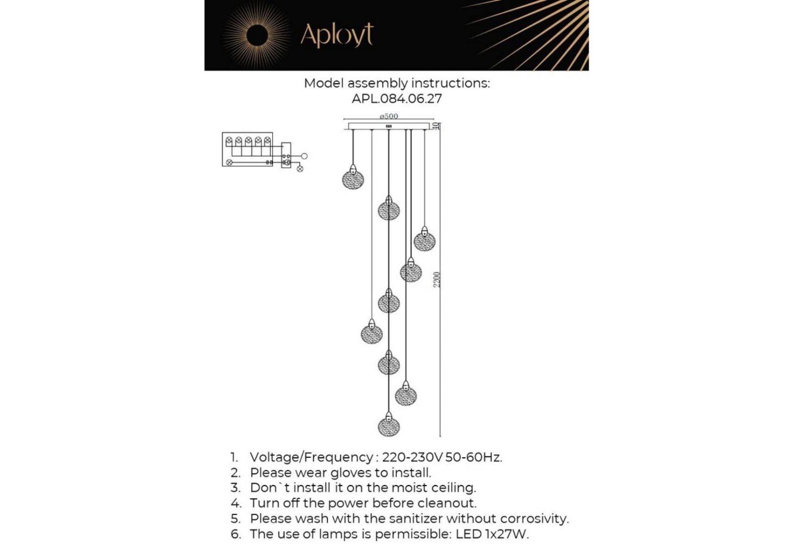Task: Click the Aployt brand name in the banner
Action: click(x=337, y=35)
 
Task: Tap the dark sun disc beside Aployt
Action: click(x=257, y=36)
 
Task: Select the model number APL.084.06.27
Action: click(x=397, y=99)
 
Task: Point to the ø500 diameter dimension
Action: click(x=388, y=116)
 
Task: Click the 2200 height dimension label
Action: click(x=437, y=279)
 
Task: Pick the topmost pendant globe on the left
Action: click(x=353, y=179)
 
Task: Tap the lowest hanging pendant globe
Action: click(x=388, y=426)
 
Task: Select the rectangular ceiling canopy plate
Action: click(x=388, y=126)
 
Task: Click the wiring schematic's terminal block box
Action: click(x=286, y=155)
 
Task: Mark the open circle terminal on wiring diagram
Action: click(x=304, y=156)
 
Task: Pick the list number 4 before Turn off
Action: click(x=236, y=503)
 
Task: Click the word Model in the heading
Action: click(x=324, y=83)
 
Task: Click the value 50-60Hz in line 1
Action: click(x=473, y=457)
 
